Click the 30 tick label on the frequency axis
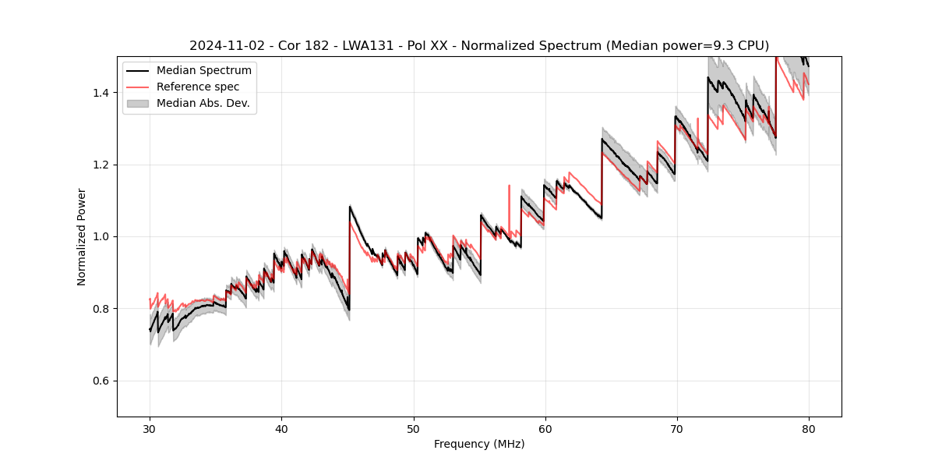(150, 428)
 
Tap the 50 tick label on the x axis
(413, 428)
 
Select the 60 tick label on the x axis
(545, 428)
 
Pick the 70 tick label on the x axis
(677, 428)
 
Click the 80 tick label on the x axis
(809, 428)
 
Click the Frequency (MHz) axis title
(479, 444)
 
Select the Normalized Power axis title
(82, 236)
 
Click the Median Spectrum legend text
(204, 71)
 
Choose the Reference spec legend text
(198, 87)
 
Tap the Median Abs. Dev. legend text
(203, 103)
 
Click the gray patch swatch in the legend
(139, 103)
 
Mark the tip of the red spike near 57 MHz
(509, 186)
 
